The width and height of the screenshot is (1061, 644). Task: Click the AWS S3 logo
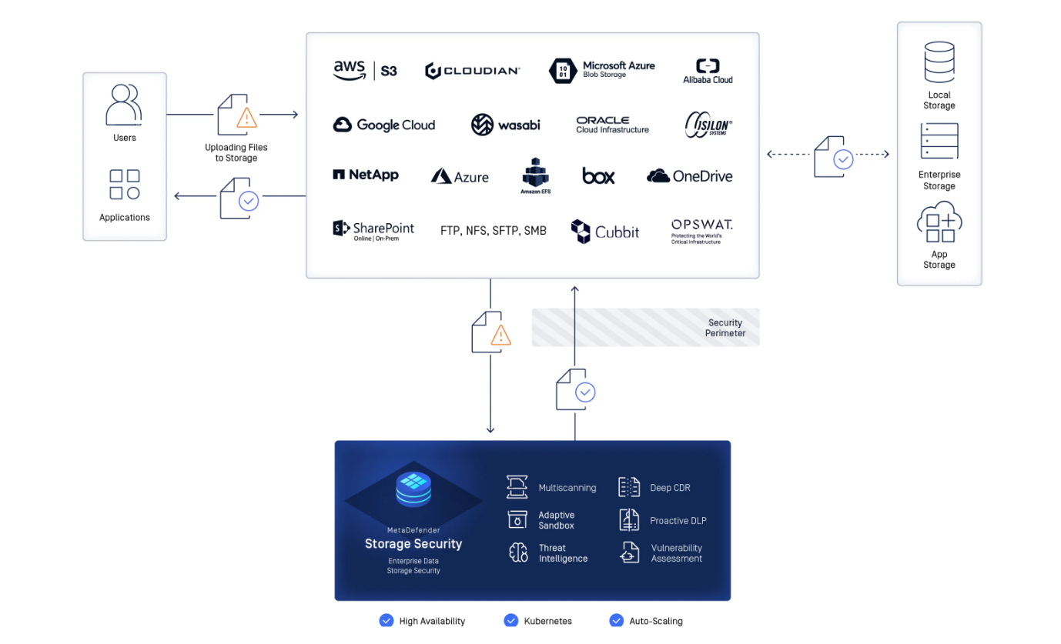pos(365,71)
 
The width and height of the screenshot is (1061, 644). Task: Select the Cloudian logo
pos(472,71)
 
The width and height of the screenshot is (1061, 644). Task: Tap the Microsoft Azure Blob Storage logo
pos(602,70)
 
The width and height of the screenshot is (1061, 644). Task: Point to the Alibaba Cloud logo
pos(708,71)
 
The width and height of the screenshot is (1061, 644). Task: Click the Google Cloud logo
pos(383,125)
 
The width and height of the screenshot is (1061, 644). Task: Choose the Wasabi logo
pos(505,125)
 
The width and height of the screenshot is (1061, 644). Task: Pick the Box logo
pos(598,176)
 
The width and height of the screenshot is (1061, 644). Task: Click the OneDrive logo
pos(689,176)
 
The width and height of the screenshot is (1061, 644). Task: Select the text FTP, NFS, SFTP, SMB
pos(493,230)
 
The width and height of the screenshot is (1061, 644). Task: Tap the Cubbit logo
pos(605,231)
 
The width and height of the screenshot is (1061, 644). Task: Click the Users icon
pos(124,105)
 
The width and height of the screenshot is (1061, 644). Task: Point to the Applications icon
pos(124,185)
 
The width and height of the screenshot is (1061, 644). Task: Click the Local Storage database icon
pos(939,62)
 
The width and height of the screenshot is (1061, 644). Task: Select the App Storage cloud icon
pos(939,222)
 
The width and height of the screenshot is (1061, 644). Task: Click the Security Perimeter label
pos(725,328)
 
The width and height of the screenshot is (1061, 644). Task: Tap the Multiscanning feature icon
pos(517,487)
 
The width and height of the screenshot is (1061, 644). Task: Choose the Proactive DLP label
pos(678,521)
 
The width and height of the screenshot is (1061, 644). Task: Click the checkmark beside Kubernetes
pos(511,620)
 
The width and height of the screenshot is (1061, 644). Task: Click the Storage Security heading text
pos(413,544)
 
